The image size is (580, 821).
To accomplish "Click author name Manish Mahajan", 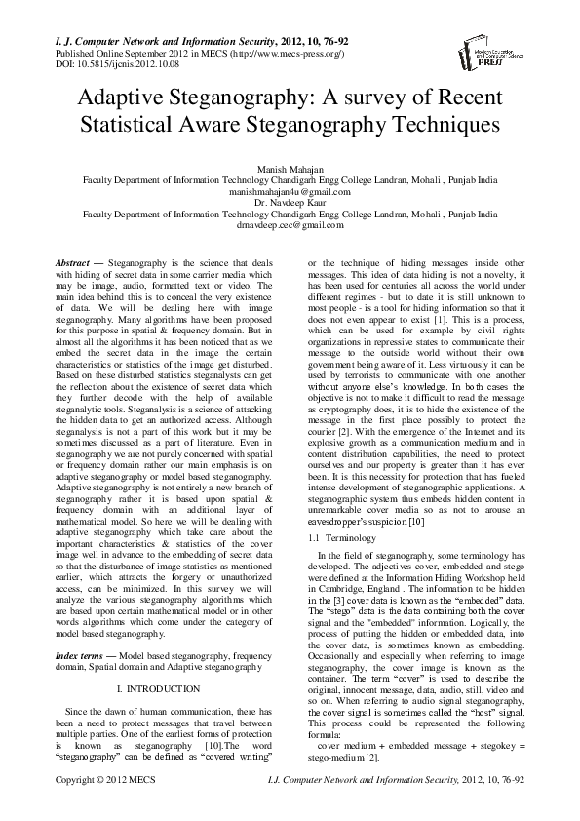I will point(290,171).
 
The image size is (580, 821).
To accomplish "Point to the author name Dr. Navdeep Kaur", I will point(290,203).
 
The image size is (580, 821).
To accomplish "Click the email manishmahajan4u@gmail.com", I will point(290,192).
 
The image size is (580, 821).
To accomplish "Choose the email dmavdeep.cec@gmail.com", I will point(290,224).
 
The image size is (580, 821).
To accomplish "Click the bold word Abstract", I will point(69,264).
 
